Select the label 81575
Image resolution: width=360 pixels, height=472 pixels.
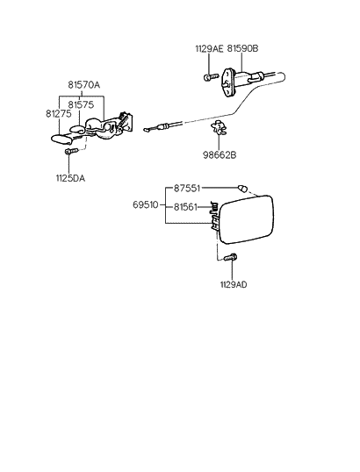(84, 104)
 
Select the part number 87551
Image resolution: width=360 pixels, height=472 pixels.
(188, 188)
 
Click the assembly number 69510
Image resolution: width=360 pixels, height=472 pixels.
(148, 206)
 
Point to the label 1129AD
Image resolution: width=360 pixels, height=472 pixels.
(234, 284)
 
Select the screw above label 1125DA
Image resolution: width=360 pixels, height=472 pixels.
(72, 152)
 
